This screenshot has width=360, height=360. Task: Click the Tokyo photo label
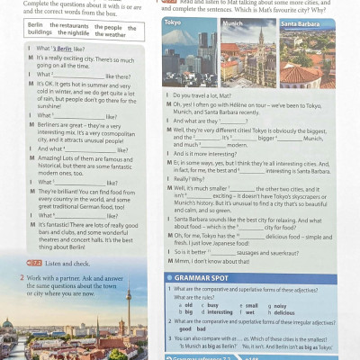[173, 22]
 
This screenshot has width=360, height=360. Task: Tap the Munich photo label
[232, 22]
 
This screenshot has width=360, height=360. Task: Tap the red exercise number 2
[22, 280]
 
